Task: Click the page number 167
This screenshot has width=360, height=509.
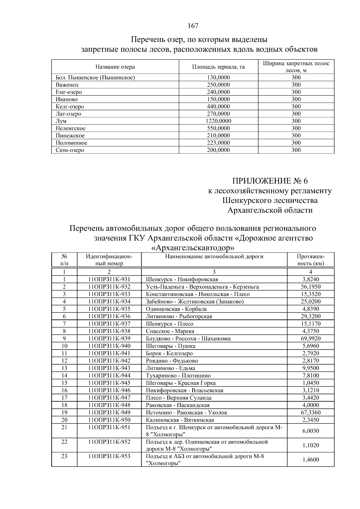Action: pyautogui.click(x=193, y=26)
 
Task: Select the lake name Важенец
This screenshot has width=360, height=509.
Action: pyautogui.click(x=67, y=85)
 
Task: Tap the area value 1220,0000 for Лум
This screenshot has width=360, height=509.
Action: pyautogui.click(x=218, y=121)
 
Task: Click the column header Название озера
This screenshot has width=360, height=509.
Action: pyautogui.click(x=115, y=67)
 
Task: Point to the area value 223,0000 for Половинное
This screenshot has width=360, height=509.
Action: pyautogui.click(x=218, y=143)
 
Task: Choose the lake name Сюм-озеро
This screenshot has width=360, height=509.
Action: pyautogui.click(x=70, y=150)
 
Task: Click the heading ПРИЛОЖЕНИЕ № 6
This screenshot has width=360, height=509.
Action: pyautogui.click(x=270, y=181)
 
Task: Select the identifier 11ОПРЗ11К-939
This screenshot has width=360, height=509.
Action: pyautogui.click(x=109, y=339)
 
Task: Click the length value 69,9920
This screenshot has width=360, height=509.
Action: pyautogui.click(x=310, y=339)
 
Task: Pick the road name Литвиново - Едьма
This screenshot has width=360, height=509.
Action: pyautogui.click(x=170, y=368)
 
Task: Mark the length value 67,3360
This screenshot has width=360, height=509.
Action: pyautogui.click(x=310, y=413)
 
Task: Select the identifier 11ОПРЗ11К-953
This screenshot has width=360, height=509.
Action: pyautogui.click(x=109, y=457)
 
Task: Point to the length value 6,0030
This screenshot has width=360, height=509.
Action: pyautogui.click(x=310, y=431)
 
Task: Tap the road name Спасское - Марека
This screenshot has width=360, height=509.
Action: pyautogui.click(x=170, y=331)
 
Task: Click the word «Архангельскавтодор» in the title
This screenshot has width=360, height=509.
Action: pyautogui.click(x=193, y=248)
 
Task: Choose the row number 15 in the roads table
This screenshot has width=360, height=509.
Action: pyautogui.click(x=64, y=383)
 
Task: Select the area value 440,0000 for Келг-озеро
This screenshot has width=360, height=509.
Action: pyautogui.click(x=218, y=107)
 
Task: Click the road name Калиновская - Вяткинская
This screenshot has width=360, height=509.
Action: pyautogui.click(x=180, y=420)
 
